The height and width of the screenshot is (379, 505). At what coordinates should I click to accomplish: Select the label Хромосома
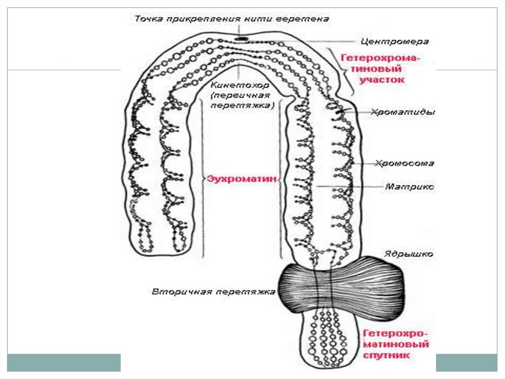[404, 163]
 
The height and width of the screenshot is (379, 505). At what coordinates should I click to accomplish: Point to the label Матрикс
[409, 187]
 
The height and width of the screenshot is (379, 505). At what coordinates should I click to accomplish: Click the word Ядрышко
[409, 254]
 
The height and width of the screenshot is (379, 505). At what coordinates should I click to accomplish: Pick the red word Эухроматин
[241, 179]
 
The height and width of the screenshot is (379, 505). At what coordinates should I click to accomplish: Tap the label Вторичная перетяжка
[213, 292]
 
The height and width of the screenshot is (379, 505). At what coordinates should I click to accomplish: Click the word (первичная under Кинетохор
[241, 95]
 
